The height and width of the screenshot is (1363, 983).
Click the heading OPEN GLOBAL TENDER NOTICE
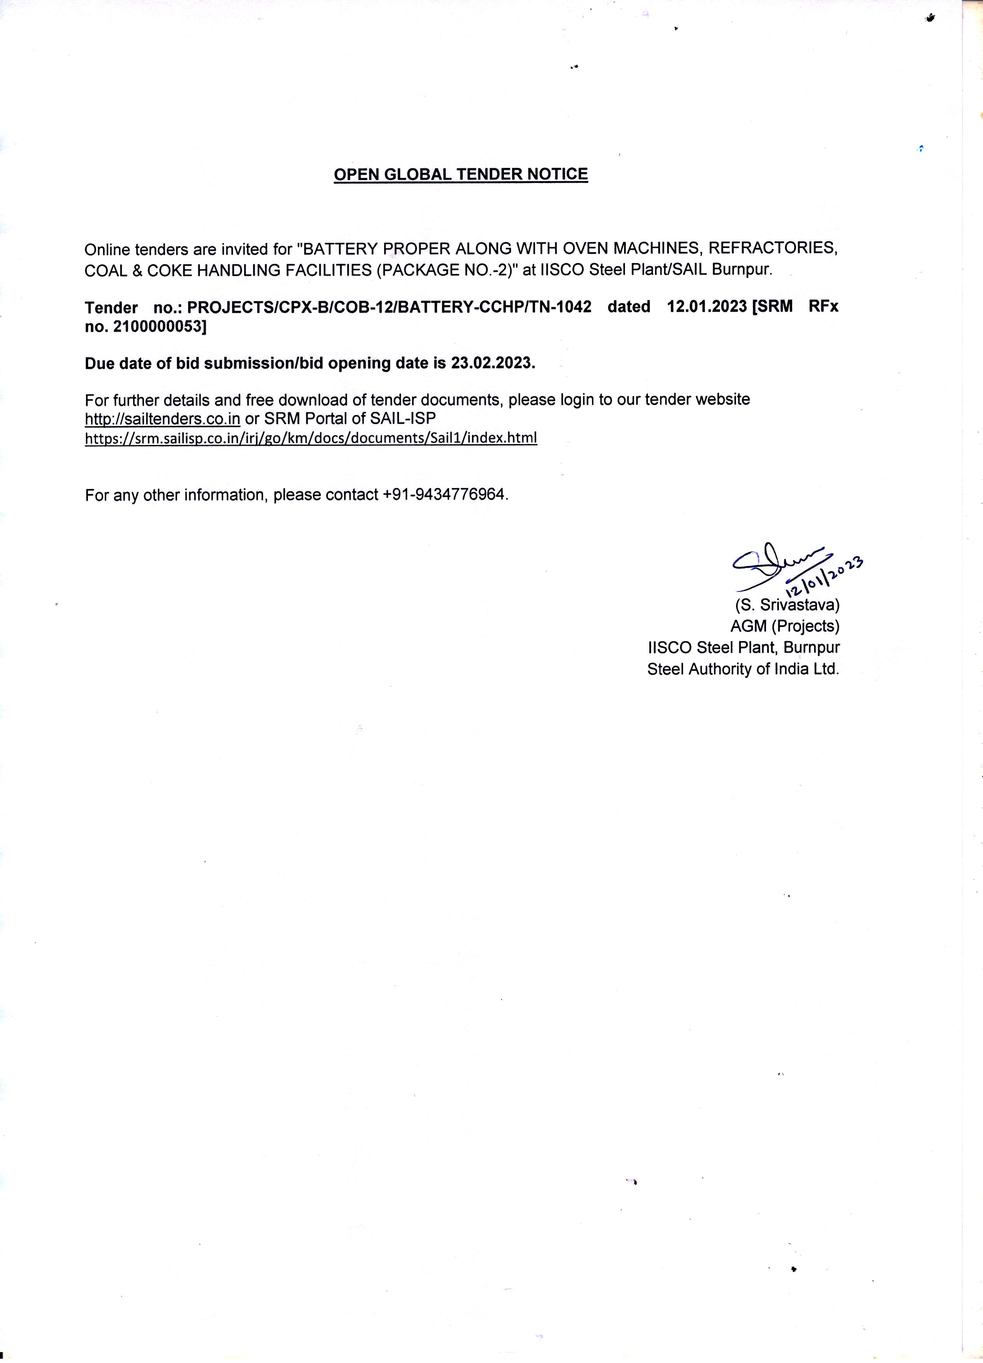pyautogui.click(x=460, y=174)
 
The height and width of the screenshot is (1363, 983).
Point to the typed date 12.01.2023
pyautogui.click(x=707, y=307)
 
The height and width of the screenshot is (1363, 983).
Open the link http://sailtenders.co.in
pyautogui.click(x=162, y=418)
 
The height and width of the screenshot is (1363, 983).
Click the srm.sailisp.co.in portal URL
pyautogui.click(x=311, y=438)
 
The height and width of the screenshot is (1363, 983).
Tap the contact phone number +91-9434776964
pyautogui.click(x=445, y=495)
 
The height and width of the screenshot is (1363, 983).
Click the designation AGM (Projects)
pyautogui.click(x=785, y=626)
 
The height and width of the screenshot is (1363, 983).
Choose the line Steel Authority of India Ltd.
pyautogui.click(x=743, y=669)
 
